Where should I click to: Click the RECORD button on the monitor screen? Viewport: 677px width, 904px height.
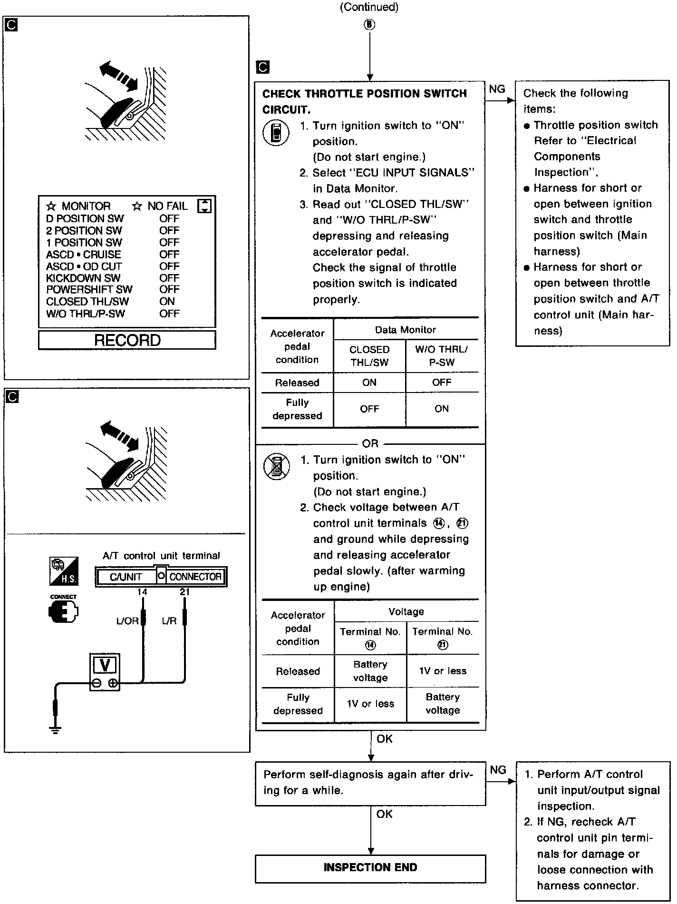pyautogui.click(x=127, y=340)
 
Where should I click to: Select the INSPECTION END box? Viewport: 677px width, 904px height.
pyautogui.click(x=370, y=867)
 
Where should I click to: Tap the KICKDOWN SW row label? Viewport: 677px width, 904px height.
pyautogui.click(x=83, y=278)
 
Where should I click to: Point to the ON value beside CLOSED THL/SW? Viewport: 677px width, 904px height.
pyautogui.click(x=167, y=302)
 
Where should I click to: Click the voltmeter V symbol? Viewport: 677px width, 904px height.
pyautogui.click(x=105, y=665)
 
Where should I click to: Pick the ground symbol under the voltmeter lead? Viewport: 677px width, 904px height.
pyautogui.click(x=56, y=730)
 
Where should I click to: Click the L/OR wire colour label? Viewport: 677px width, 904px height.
pyautogui.click(x=127, y=621)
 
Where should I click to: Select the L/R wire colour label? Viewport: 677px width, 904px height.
pyautogui.click(x=170, y=621)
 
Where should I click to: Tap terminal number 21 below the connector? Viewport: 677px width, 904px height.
pyautogui.click(x=184, y=592)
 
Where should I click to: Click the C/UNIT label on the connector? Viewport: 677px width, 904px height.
pyautogui.click(x=126, y=577)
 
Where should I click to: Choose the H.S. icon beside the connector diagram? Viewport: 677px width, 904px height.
pyautogui.click(x=64, y=571)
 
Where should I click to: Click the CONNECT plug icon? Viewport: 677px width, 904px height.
pyautogui.click(x=63, y=611)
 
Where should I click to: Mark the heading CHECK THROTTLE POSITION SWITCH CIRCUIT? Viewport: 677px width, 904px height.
pyautogui.click(x=364, y=101)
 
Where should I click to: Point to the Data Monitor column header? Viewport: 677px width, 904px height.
pyautogui.click(x=405, y=330)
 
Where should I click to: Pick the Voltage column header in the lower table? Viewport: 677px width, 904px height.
pyautogui.click(x=406, y=611)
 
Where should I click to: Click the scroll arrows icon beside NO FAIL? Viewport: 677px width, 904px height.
pyautogui.click(x=204, y=206)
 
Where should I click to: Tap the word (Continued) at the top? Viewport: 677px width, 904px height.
pyautogui.click(x=369, y=7)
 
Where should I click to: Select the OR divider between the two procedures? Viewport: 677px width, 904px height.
pyautogui.click(x=370, y=444)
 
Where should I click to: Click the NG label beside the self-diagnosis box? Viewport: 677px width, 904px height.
pyautogui.click(x=498, y=770)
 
